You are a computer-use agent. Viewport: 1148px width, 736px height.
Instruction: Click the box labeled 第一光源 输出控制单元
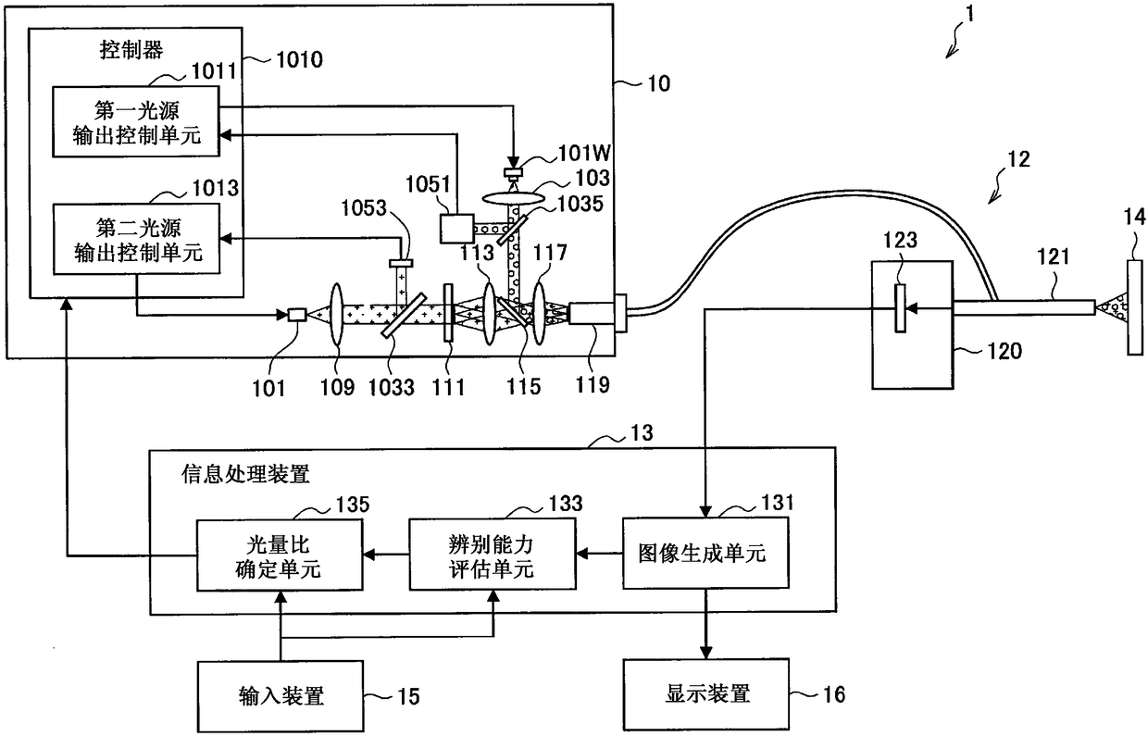tap(136, 121)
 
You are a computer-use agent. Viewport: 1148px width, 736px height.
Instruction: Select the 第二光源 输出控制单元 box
tap(136, 239)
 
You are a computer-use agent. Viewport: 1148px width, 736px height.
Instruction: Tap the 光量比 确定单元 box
tap(280, 555)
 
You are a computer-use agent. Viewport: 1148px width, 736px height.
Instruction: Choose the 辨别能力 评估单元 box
tap(492, 554)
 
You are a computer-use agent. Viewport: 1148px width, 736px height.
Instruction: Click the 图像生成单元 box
tap(705, 553)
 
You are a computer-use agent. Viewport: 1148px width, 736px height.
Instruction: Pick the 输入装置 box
tap(281, 696)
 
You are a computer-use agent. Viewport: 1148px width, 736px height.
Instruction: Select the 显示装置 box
tap(705, 694)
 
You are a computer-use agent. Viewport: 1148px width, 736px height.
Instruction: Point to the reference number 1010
tap(300, 60)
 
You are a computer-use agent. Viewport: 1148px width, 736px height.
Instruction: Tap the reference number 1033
tap(391, 388)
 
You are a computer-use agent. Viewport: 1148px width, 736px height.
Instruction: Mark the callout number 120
tap(1004, 351)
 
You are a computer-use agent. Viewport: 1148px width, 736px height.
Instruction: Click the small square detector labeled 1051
tap(456, 229)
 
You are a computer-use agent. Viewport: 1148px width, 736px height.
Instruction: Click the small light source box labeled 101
tap(297, 315)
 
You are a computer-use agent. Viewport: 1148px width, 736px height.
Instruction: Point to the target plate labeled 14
tap(1135, 307)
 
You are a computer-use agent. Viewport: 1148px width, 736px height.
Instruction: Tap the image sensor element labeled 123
tap(900, 308)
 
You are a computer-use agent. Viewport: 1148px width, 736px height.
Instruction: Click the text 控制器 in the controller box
tap(131, 50)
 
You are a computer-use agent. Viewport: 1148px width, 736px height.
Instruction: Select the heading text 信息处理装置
tap(245, 474)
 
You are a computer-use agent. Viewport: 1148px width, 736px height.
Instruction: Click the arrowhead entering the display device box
tap(705, 653)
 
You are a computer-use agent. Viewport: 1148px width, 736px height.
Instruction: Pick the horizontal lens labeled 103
tap(513, 197)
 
